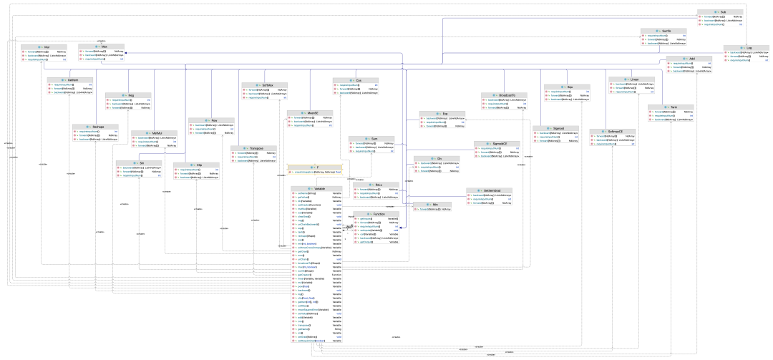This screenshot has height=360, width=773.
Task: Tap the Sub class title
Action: coord(722,11)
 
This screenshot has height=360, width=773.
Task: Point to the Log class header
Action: coord(748,48)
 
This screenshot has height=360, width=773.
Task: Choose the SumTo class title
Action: coord(665,31)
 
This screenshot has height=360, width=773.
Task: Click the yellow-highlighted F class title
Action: coord(314,167)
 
